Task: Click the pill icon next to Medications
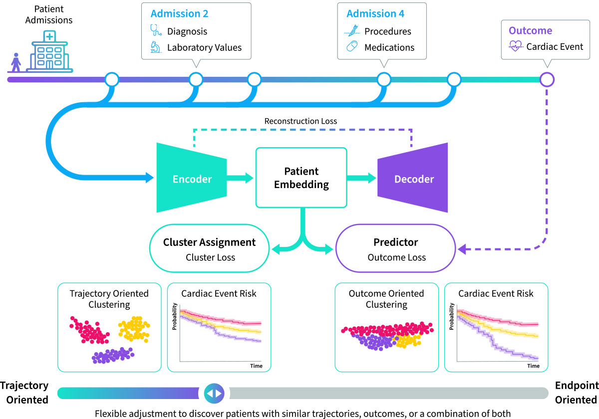(x=352, y=47)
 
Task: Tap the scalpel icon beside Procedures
(x=352, y=31)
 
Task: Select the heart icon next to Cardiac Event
(x=516, y=47)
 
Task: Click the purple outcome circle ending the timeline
(x=548, y=79)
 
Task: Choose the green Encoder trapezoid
(x=192, y=178)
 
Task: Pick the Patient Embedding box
(x=301, y=177)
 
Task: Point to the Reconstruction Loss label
(x=300, y=121)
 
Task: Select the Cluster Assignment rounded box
(x=209, y=248)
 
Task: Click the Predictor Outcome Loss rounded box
(x=396, y=248)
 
